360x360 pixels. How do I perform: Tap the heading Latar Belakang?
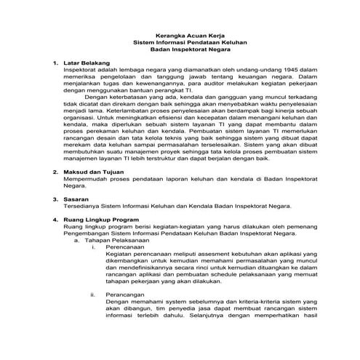click(85, 64)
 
